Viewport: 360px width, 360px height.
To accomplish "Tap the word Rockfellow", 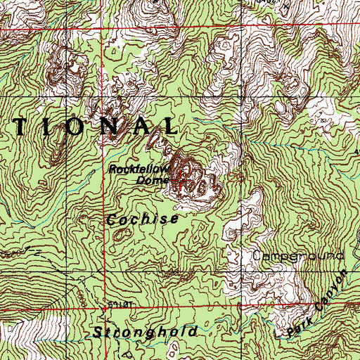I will click(x=136, y=169).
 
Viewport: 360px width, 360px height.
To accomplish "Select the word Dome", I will click(x=149, y=181).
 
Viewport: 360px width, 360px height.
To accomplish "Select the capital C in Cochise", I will click(x=111, y=219).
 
